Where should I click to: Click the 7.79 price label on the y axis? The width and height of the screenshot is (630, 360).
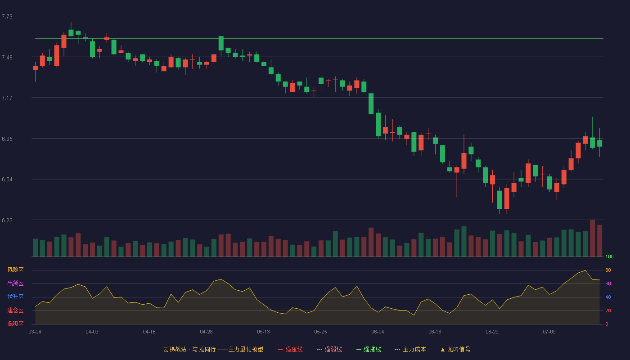coord(7,17)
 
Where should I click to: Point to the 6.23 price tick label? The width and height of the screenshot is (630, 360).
coord(7,220)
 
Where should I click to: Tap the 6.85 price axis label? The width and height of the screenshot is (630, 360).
coord(7,139)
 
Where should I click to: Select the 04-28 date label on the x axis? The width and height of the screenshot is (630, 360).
coord(206,332)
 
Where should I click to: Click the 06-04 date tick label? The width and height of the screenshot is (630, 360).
coord(378,332)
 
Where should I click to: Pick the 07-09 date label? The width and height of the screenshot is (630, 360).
coord(549,332)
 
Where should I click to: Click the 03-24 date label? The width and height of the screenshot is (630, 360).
coord(35,332)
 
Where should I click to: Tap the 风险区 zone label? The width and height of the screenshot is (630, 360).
coord(15,270)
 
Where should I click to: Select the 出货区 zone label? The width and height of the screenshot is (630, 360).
coord(15,283)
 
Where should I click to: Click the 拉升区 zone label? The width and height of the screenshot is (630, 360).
coord(15,297)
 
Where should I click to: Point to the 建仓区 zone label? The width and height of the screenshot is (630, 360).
coord(15,310)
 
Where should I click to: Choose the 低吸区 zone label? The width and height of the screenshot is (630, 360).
coord(15,324)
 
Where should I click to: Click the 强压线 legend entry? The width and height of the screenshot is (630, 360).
coord(290,349)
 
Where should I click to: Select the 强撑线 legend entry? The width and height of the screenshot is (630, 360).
coord(369,349)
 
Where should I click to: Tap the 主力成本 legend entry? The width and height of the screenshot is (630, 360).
coord(410,349)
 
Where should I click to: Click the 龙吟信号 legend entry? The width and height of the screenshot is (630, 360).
coord(455,349)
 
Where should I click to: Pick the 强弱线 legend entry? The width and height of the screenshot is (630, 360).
coord(329,349)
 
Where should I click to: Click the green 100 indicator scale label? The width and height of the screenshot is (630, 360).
coord(609,256)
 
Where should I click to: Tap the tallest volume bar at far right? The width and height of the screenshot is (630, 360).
coord(593,238)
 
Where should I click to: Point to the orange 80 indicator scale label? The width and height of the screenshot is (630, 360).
coord(608,270)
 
